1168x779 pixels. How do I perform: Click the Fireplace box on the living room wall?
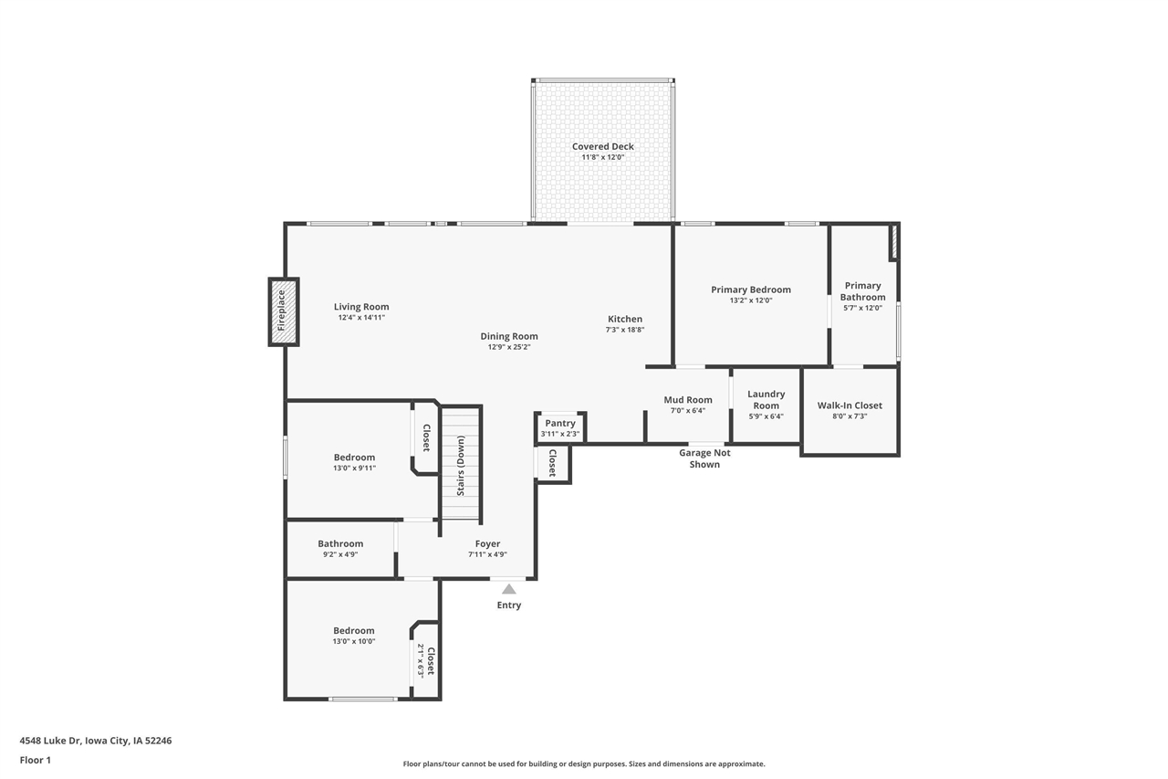(x=284, y=311)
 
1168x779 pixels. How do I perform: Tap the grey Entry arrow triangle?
(x=509, y=589)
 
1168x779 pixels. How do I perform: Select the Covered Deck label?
(x=603, y=147)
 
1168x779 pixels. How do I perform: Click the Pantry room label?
(x=560, y=423)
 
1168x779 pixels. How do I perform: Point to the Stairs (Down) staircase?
(x=461, y=464)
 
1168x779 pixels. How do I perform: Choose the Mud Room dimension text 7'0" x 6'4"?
(x=688, y=411)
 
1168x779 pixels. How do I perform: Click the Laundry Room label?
(x=766, y=400)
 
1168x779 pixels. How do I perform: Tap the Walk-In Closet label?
(x=850, y=405)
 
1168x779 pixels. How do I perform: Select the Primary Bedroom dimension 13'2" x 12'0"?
(x=751, y=300)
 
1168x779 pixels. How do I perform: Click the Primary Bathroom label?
(x=862, y=291)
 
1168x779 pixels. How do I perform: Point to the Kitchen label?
(x=625, y=319)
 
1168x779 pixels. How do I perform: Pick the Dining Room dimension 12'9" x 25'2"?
(x=509, y=347)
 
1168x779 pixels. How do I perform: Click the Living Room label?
(x=361, y=307)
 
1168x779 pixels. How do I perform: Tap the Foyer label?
(x=487, y=543)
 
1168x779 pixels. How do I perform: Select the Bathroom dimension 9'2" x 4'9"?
(x=340, y=554)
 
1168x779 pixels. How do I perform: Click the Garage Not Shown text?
(x=704, y=458)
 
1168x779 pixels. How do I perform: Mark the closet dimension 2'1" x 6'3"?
(x=421, y=660)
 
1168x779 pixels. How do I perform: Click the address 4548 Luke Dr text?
(x=50, y=741)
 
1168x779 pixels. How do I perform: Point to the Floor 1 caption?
(x=36, y=760)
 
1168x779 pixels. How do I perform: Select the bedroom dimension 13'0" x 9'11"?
(x=355, y=468)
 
